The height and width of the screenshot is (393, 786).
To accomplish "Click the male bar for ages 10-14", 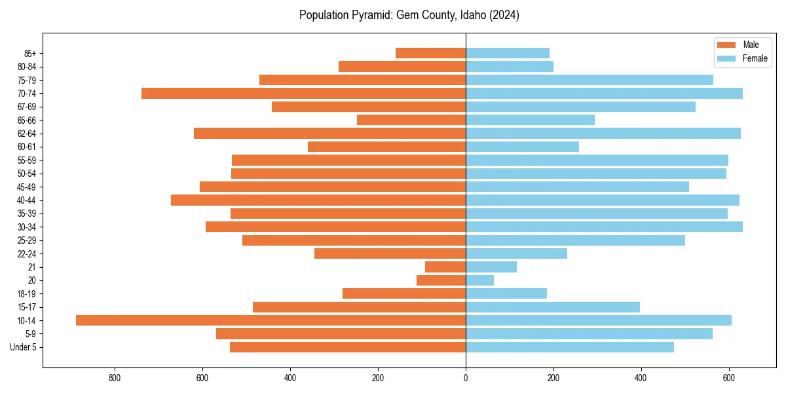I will [271, 320].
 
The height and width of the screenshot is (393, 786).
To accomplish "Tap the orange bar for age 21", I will [445, 267].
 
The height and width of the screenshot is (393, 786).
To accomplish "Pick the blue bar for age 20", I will [479, 280].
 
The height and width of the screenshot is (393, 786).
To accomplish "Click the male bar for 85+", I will [430, 53].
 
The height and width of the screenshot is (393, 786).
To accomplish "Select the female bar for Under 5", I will [570, 347].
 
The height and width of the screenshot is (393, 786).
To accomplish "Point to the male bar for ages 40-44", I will [318, 200].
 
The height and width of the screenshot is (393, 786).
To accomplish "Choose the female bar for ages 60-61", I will [522, 147].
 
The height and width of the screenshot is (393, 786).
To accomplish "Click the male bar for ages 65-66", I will [411, 120].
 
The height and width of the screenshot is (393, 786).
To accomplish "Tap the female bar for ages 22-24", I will [516, 253].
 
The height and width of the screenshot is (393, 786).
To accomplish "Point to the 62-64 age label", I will [26, 134].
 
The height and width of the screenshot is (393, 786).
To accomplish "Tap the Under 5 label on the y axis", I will [24, 347].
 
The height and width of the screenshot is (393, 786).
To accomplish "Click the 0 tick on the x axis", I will [466, 378].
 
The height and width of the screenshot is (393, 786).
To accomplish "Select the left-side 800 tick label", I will [115, 378].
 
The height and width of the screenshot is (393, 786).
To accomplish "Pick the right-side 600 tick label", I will [728, 378].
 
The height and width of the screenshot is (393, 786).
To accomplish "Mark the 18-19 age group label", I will [26, 293].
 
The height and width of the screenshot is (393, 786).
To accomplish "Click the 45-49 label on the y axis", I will [26, 187].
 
